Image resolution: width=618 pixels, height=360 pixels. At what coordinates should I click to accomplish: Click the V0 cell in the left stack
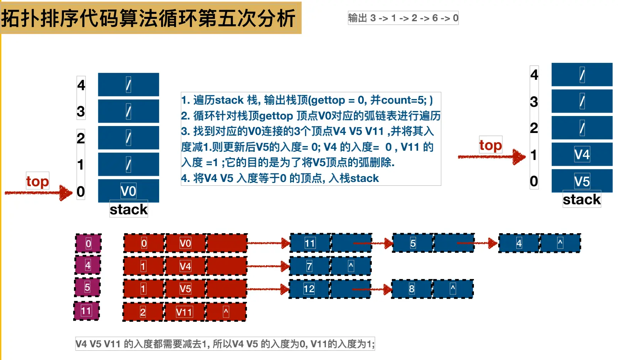pos(128,191)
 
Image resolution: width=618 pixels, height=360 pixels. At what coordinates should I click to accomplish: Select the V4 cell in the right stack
pos(582,154)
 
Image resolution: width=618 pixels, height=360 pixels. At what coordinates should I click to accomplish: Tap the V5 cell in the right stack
pos(582,181)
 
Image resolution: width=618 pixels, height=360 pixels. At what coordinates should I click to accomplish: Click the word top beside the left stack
pos(37,181)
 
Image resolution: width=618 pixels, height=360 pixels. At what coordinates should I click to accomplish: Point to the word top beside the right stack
pos(490,145)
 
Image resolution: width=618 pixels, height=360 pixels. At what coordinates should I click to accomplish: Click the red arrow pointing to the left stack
pos(39,192)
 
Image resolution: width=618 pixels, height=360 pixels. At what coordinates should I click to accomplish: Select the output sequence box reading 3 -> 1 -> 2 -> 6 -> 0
pos(403,18)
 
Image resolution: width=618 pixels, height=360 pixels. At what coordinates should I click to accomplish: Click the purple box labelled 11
pos(87,311)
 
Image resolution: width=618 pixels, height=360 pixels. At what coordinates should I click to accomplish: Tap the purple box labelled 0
pos(88,243)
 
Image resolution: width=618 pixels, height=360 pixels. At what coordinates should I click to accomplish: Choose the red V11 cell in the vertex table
pos(184,312)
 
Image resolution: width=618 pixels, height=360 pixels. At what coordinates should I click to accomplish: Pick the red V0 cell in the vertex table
pos(185,243)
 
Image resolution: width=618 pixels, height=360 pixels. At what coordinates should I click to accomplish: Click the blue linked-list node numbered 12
pos(309,289)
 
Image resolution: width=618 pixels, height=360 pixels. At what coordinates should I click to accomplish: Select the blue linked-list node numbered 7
pos(309,266)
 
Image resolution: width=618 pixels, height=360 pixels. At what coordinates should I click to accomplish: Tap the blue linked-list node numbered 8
pos(412,289)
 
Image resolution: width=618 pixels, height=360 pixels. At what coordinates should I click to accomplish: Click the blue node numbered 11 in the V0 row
pos(310,243)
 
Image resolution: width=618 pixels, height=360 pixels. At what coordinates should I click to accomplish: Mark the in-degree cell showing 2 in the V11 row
pos(143,312)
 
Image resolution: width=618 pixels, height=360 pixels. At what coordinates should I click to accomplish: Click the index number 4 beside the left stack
pos(81,85)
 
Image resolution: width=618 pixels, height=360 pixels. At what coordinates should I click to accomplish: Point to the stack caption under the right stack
pos(581,200)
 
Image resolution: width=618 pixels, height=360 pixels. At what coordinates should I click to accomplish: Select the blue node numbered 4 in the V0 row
pos(519,243)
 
